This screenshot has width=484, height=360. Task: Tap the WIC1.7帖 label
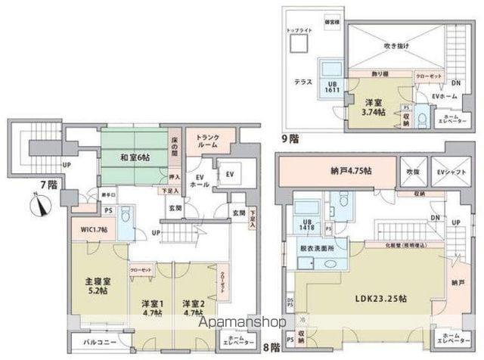pos(95,229)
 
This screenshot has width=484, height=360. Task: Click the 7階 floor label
pos(27,184)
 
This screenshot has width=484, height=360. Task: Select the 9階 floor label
pos(289,138)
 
